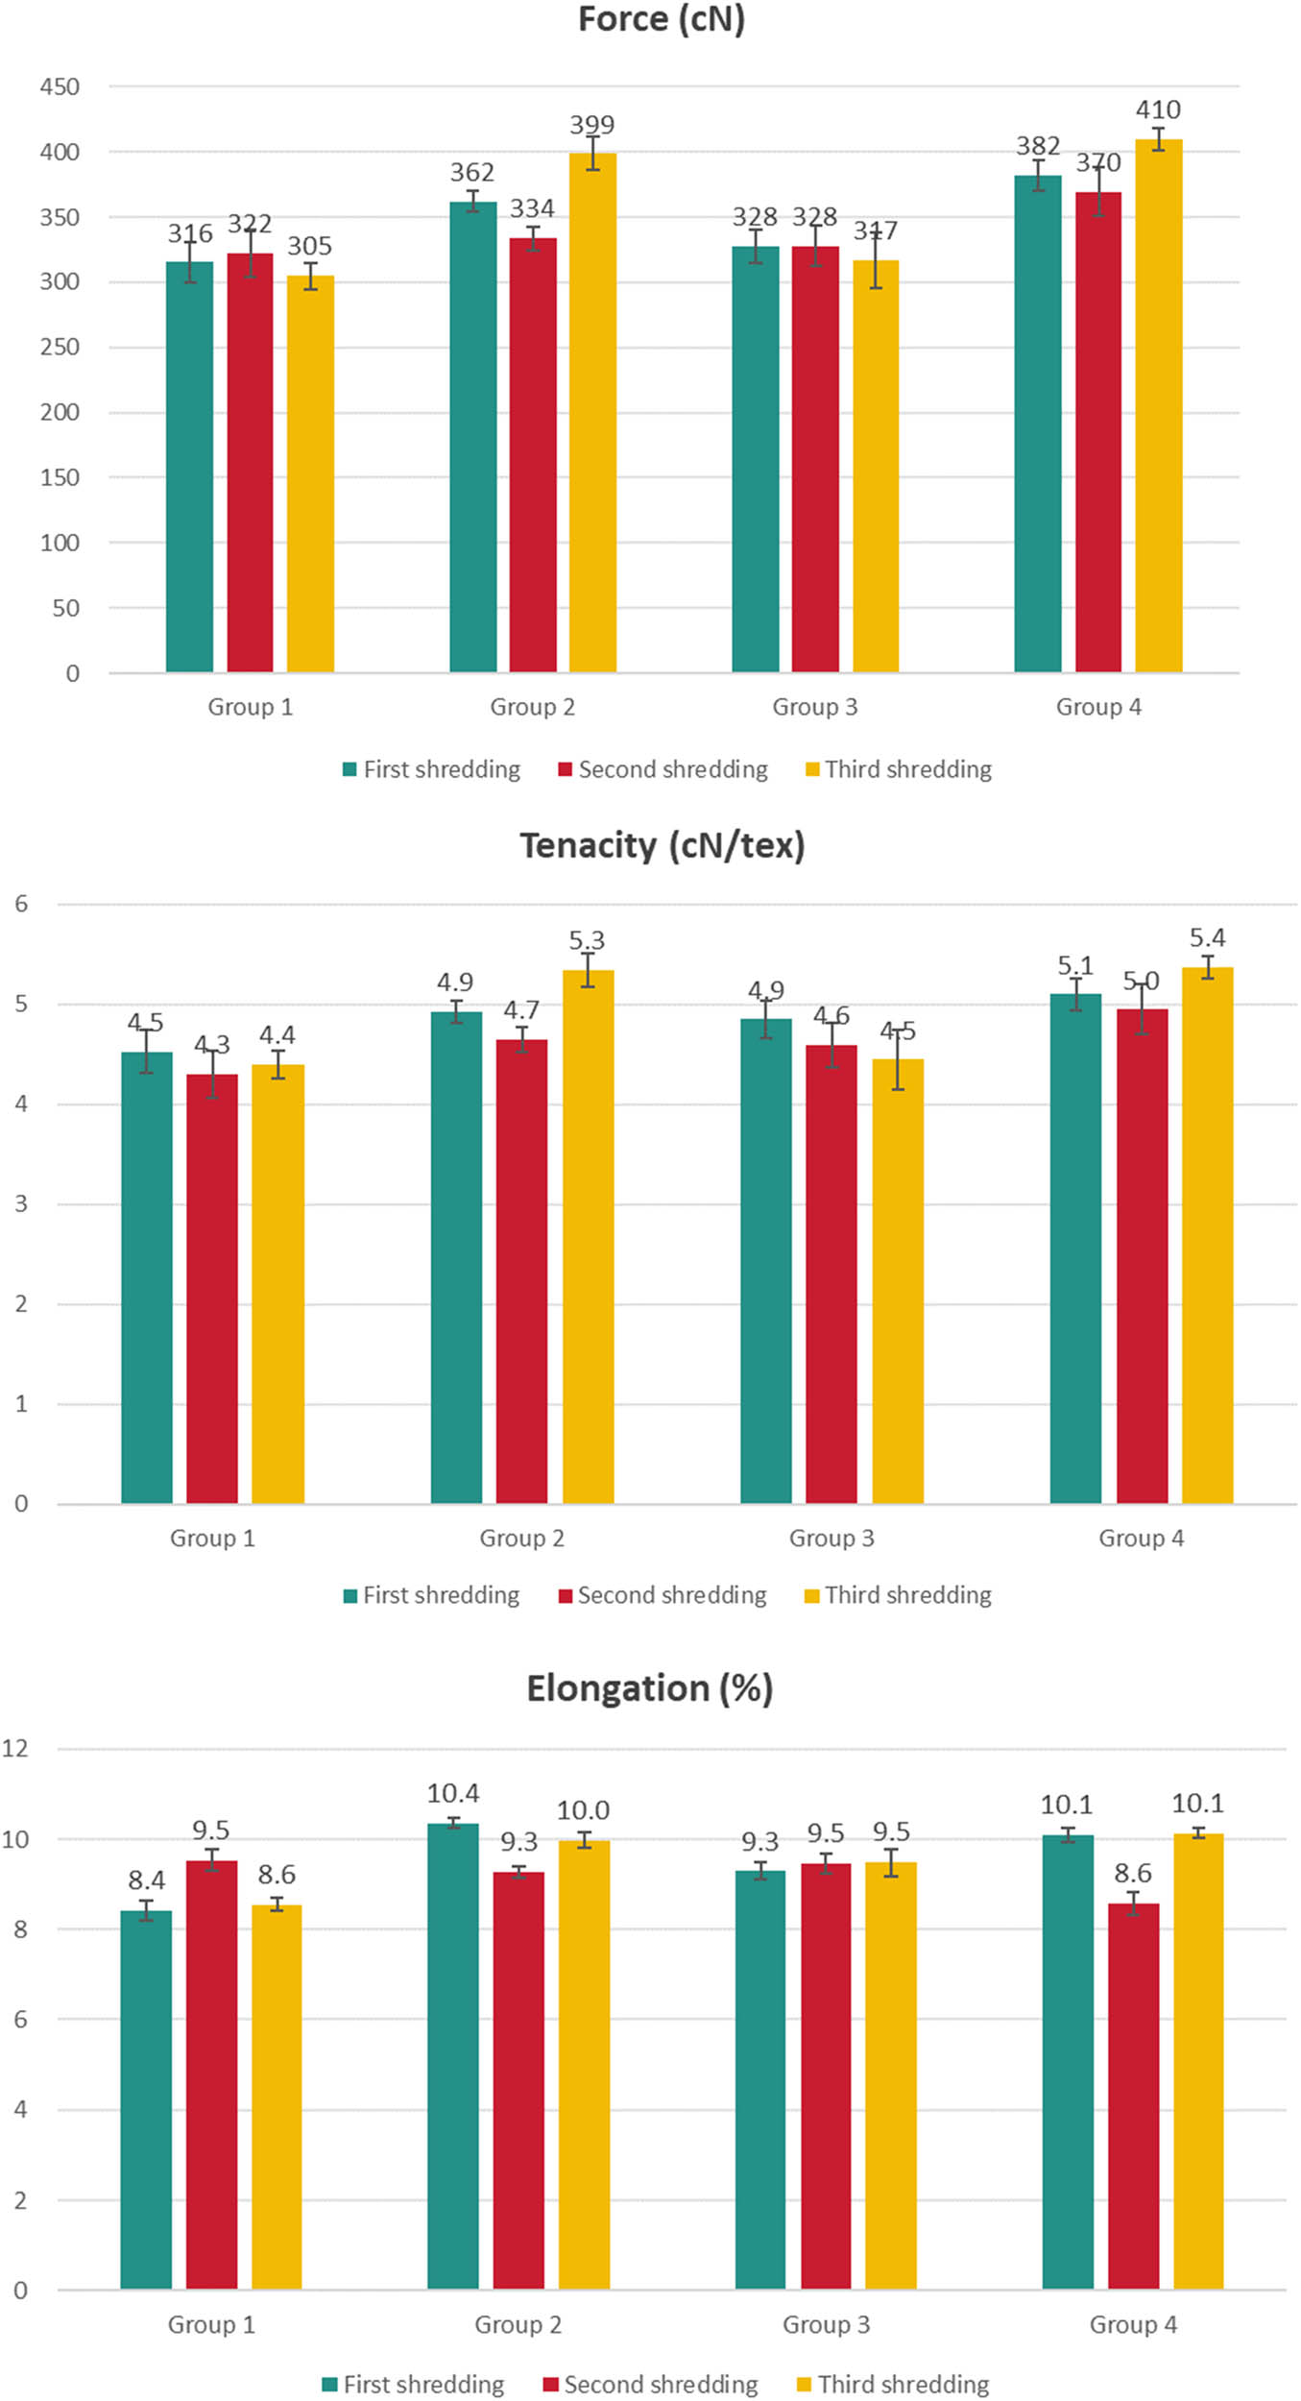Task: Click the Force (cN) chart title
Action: pos(661,19)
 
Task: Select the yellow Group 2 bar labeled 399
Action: pos(592,413)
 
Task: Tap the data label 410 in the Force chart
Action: pos(1158,110)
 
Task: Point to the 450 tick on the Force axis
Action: pos(60,87)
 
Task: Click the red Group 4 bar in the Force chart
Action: pos(1097,432)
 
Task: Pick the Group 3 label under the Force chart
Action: pos(814,707)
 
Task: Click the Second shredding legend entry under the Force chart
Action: pos(663,769)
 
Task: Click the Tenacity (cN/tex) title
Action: pos(662,845)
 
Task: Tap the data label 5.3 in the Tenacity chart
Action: pos(587,940)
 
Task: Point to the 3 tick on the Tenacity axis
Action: pos(21,1204)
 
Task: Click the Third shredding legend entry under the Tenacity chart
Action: pos(898,1595)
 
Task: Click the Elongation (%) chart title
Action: pos(649,1688)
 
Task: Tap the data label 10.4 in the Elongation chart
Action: pos(453,1793)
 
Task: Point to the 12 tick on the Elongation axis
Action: pos(15,1748)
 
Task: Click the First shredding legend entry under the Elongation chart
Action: pos(413,2385)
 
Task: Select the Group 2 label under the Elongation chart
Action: pos(518,2324)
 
